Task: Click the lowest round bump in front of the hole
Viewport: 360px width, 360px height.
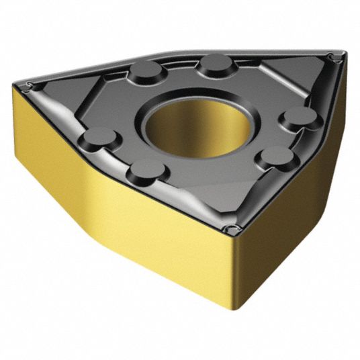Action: (x=147, y=169)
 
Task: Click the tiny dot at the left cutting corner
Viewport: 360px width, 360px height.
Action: (x=28, y=85)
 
